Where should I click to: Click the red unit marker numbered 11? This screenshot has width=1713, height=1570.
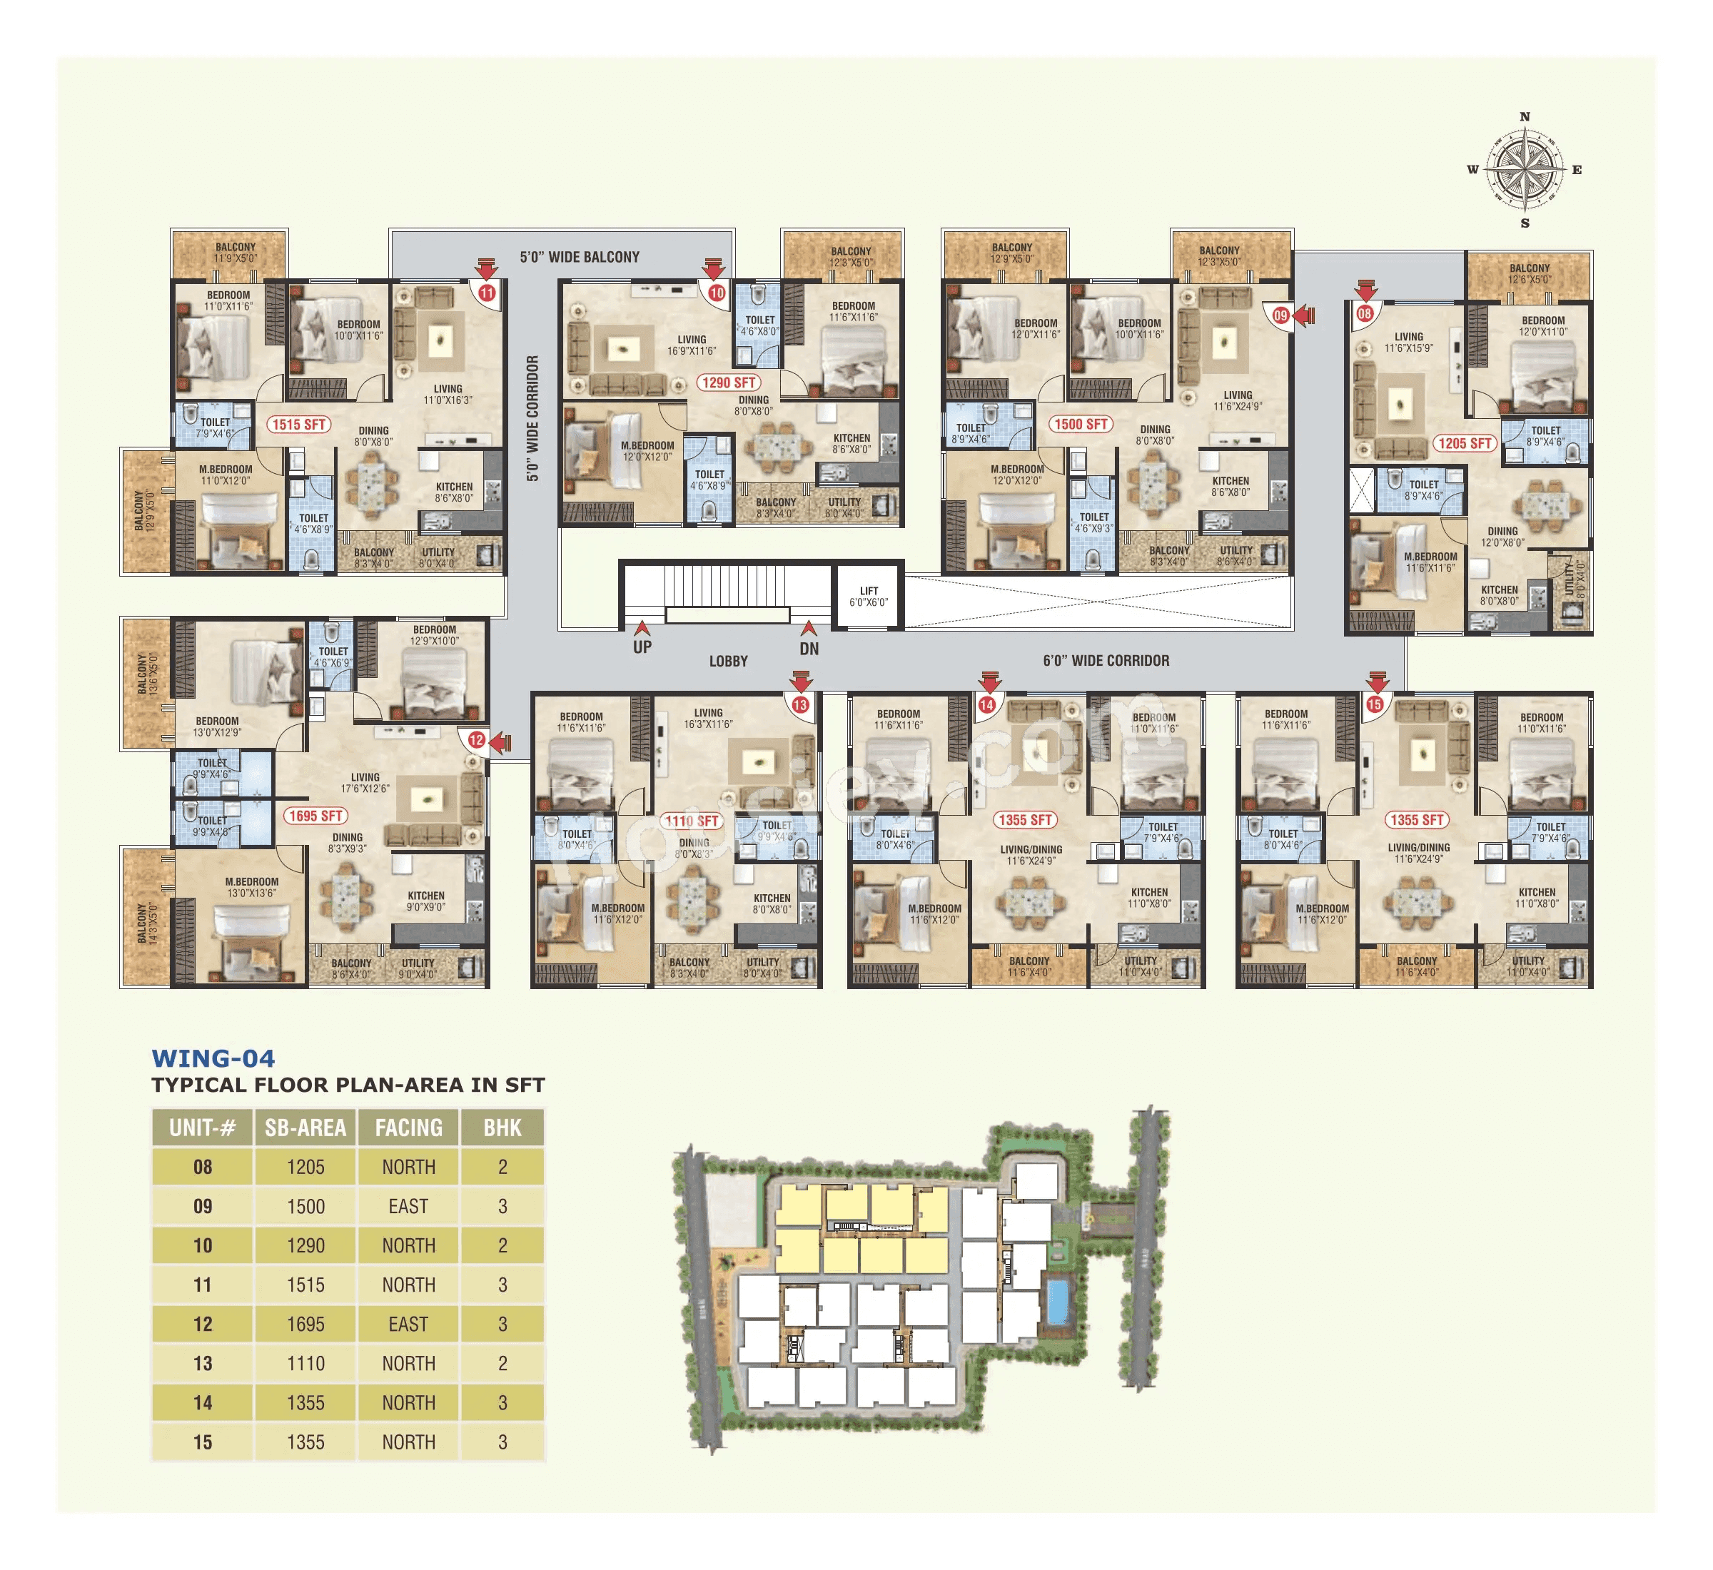coord(487,293)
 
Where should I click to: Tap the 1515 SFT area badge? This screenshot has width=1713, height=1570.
coord(299,424)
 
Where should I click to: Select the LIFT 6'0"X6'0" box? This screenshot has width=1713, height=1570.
coord(869,597)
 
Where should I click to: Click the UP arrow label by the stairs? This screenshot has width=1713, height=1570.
coord(642,647)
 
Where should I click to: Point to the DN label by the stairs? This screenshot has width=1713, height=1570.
coord(809,648)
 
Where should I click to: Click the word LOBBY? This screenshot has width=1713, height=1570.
coord(728,661)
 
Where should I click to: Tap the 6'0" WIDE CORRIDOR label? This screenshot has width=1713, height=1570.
coord(1106,660)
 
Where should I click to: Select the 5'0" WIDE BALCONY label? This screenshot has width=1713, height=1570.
coord(580,257)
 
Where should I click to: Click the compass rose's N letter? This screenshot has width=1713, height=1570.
coord(1525,117)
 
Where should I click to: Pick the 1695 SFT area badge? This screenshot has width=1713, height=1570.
coord(315,816)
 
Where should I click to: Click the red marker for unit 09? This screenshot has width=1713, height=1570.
coord(1280,315)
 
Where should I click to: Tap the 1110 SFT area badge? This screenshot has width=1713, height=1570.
coord(692,821)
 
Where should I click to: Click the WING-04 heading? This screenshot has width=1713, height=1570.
coord(213,1058)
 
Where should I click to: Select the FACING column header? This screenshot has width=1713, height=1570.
coord(409,1128)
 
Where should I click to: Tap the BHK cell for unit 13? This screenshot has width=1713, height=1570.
coord(502,1364)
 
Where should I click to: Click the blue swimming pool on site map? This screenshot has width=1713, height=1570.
coord(1058,1301)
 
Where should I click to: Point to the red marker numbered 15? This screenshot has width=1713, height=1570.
coord(1375,704)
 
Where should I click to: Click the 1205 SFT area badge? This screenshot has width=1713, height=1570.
coord(1465,443)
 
